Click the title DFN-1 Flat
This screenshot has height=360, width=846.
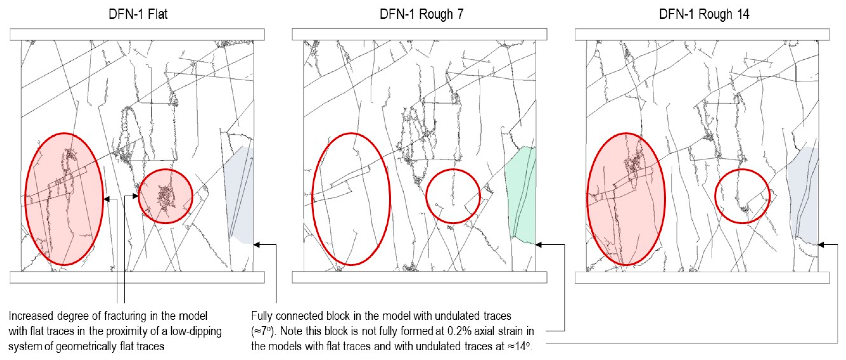(138, 14)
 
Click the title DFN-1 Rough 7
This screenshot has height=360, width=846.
(421, 14)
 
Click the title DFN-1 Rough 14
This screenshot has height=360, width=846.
(704, 14)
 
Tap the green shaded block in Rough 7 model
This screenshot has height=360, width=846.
(522, 196)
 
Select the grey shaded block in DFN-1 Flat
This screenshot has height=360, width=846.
(241, 196)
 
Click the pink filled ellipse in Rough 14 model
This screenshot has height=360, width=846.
(626, 199)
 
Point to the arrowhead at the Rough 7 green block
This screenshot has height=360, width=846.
(539, 245)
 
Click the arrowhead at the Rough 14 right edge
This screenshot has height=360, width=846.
(821, 245)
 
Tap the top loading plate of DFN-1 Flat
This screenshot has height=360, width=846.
(137, 34)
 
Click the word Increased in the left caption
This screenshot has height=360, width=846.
(31, 316)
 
